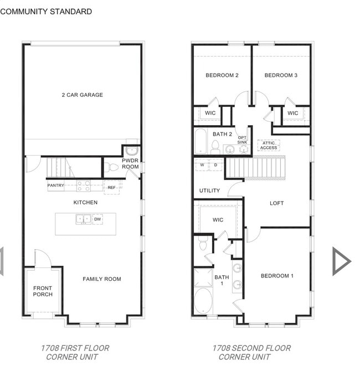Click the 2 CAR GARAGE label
(x=82, y=95)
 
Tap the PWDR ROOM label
(x=130, y=163)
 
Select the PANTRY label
(x=55, y=185)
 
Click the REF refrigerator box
(x=112, y=187)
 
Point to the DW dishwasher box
(x=97, y=219)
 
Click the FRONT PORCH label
(x=43, y=291)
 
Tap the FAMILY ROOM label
(x=102, y=279)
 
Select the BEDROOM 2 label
(x=222, y=75)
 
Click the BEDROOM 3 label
(x=281, y=75)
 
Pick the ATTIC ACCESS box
(x=269, y=145)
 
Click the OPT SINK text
(x=242, y=140)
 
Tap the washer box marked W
(x=202, y=165)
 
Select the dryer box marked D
(x=215, y=165)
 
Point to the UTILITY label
(x=209, y=190)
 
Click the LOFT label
(x=276, y=203)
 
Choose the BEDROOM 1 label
(x=277, y=276)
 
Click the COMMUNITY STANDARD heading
(x=46, y=11)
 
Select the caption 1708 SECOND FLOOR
(x=251, y=348)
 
